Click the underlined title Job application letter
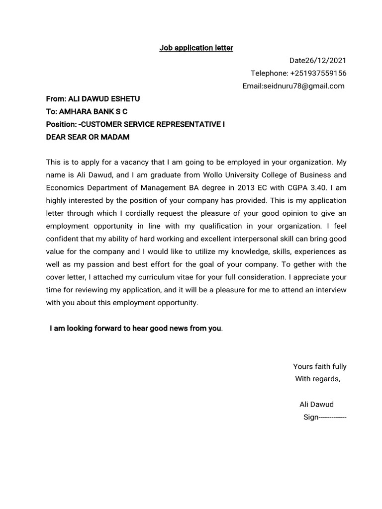196,48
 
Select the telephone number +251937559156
318,73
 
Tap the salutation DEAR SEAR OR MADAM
88,137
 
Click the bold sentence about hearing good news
135,329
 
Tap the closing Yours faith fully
319,367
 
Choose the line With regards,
318,379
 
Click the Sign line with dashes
324,418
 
